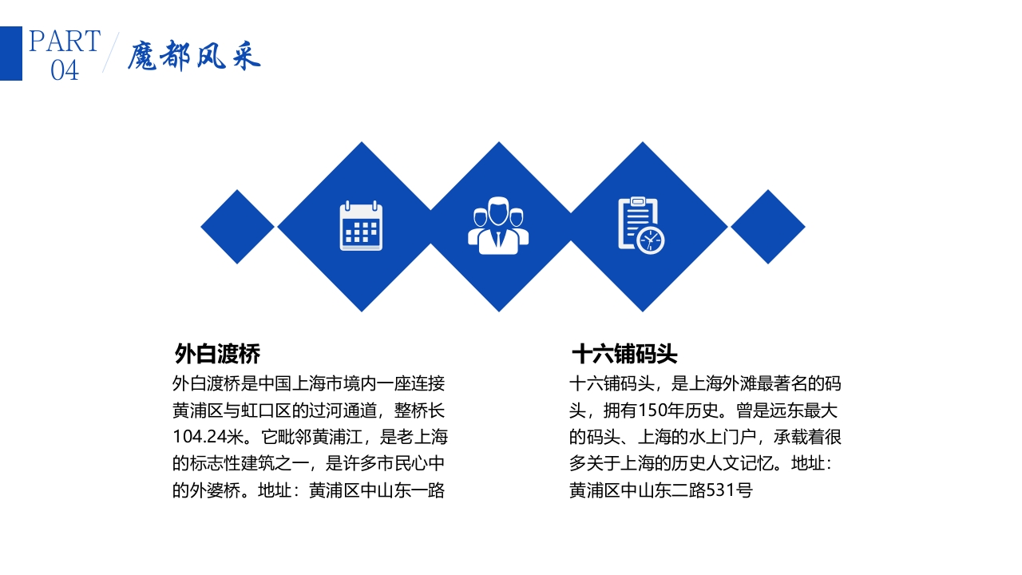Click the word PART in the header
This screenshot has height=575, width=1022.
click(x=65, y=41)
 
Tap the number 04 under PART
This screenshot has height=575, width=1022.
click(x=65, y=70)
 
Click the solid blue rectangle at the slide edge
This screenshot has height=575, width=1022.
click(x=10, y=54)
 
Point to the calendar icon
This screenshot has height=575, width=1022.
click(x=361, y=226)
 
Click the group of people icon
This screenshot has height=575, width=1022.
click(x=499, y=226)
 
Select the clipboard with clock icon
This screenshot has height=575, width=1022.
click(x=640, y=226)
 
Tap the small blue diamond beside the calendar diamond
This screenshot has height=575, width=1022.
click(x=237, y=227)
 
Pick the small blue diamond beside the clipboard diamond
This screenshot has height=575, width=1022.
click(x=767, y=227)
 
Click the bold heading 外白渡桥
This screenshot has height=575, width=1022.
click(x=217, y=354)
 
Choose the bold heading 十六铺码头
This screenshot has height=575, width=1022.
click(x=624, y=354)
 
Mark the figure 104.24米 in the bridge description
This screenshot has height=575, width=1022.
click(x=208, y=437)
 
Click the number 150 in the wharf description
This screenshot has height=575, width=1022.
click(x=654, y=410)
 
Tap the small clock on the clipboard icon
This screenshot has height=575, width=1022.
click(x=651, y=240)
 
